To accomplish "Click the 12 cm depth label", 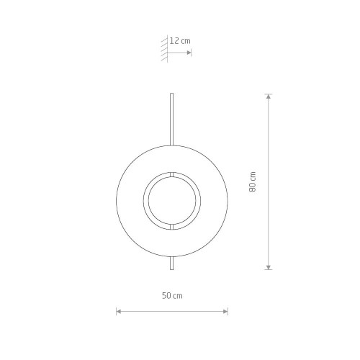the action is pos(180,41).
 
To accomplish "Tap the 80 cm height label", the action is pos(253,181).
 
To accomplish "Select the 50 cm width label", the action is pos(172,296).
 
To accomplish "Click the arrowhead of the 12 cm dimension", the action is pos(189,53).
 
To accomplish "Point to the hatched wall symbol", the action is pos(164,49).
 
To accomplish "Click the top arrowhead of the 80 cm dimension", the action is pos(269,96).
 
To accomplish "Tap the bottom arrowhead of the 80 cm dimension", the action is pos(269,267).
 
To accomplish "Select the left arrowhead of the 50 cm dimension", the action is pos(119,312).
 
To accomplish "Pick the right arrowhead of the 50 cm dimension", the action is pos(225,312).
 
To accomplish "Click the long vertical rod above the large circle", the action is pos(171,120).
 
